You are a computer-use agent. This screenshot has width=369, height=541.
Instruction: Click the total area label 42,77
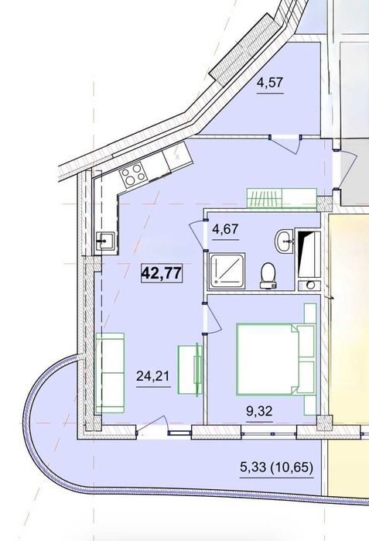click(162, 273)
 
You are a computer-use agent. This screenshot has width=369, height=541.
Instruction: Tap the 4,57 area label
click(270, 83)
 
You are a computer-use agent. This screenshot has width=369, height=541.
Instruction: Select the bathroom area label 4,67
click(226, 229)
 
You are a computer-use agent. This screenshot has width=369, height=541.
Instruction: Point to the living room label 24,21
click(152, 375)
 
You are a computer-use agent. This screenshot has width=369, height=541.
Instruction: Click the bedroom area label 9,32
click(259, 411)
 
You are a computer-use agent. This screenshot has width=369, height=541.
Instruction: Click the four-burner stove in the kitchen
click(133, 175)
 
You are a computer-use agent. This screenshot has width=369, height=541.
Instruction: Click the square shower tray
click(227, 271)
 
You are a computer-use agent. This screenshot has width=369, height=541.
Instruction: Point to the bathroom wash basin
click(284, 241)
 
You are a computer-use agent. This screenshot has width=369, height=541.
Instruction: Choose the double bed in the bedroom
click(276, 359)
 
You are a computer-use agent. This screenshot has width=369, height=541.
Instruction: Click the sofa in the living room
click(110, 372)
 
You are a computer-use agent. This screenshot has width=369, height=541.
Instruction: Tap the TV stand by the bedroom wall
click(190, 369)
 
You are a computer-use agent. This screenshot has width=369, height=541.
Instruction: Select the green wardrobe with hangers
click(282, 198)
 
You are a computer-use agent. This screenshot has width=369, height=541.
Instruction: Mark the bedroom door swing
click(212, 319)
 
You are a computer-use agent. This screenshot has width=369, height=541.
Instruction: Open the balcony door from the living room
click(152, 426)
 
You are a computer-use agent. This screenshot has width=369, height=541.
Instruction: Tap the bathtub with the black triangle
click(309, 255)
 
